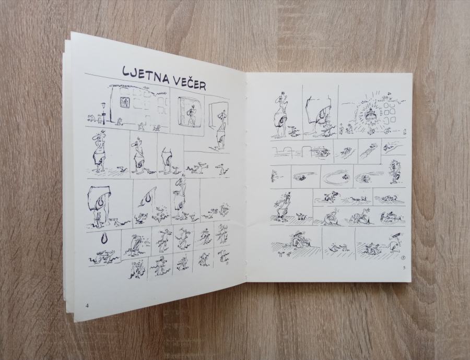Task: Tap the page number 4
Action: coord(87,306)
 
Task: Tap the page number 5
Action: coord(404,268)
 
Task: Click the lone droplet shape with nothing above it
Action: coord(104,239)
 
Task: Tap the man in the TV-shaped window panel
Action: coord(190,114)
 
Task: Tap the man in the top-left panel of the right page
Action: coord(281,115)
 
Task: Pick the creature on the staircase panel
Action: coord(372,147)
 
